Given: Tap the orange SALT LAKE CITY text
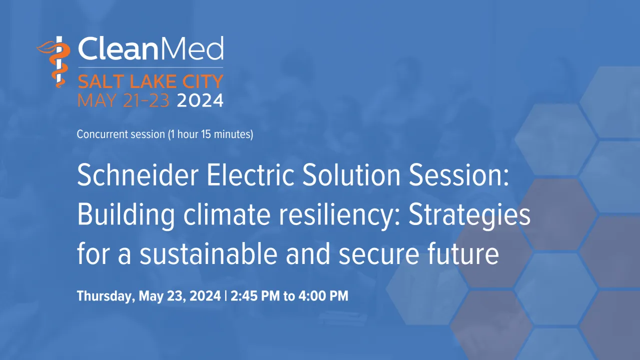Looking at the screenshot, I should click(150, 80).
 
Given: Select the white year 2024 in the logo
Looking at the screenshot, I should click(200, 100).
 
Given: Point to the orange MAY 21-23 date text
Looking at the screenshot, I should click(125, 100).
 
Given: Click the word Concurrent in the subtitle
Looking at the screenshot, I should click(100, 134).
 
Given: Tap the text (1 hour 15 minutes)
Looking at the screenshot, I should click(210, 134).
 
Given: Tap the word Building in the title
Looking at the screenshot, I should click(126, 216).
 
